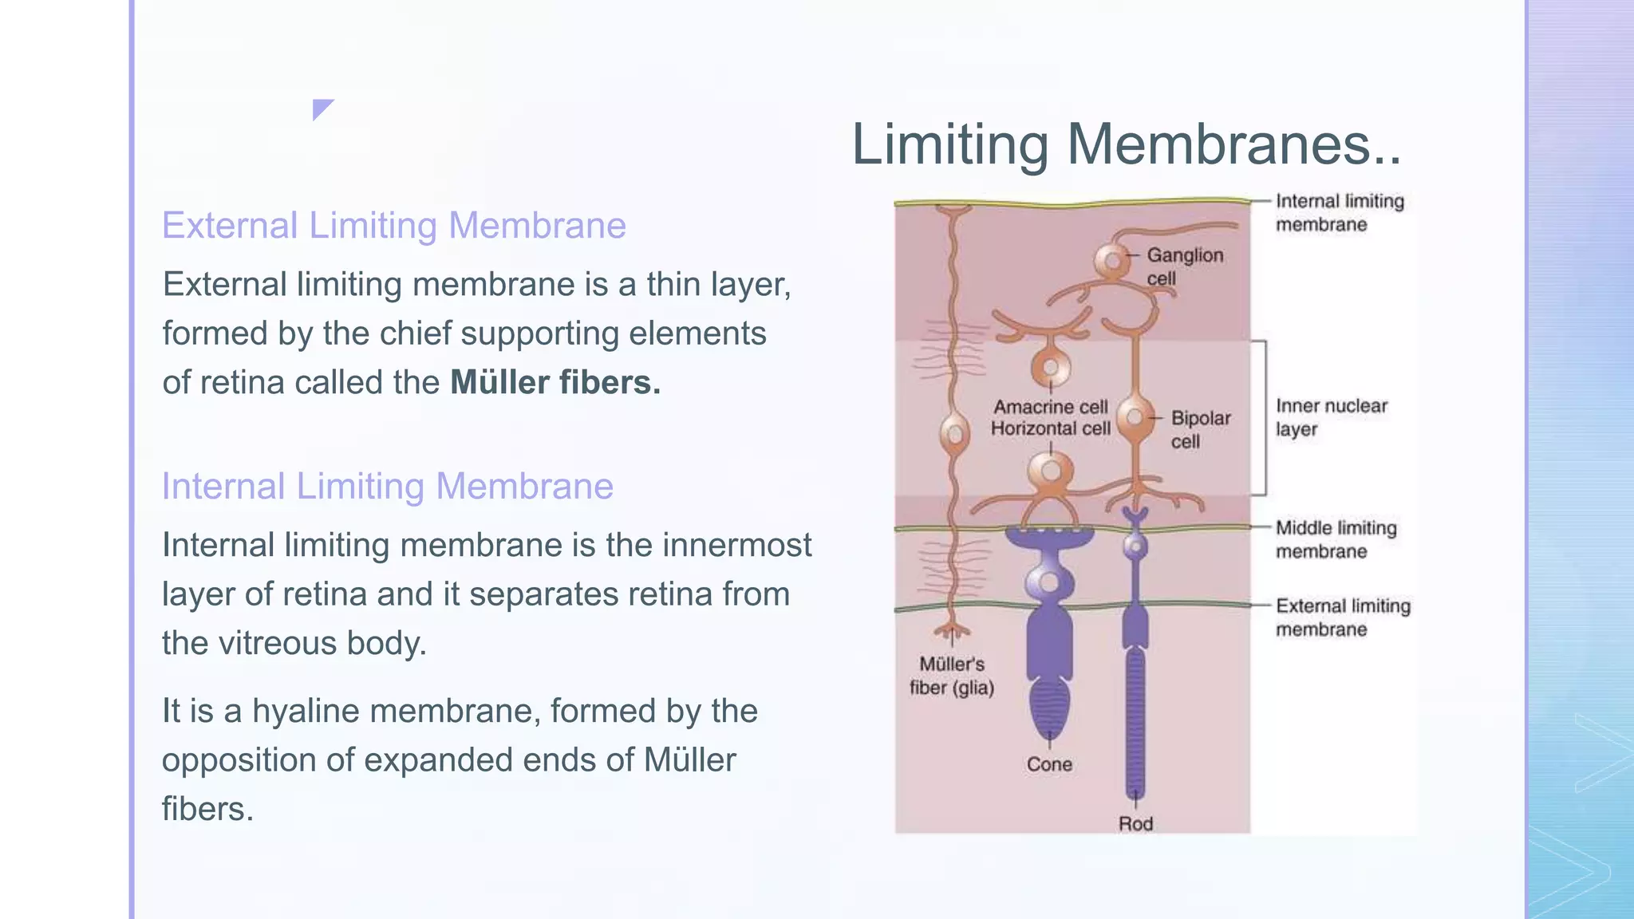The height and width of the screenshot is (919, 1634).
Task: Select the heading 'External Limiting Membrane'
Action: (394, 226)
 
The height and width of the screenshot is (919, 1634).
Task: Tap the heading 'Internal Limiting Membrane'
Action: (388, 487)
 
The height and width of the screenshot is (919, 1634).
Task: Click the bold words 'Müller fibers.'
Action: (555, 382)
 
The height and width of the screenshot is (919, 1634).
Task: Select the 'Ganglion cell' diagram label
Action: (1185, 266)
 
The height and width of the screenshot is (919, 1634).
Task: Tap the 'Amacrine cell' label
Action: (1051, 407)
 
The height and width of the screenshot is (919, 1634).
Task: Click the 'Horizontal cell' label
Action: (1051, 428)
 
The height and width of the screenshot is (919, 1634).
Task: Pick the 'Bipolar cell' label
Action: (1201, 429)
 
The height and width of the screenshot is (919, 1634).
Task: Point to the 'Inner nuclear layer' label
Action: (1332, 417)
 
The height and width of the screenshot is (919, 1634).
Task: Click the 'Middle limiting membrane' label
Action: (1336, 539)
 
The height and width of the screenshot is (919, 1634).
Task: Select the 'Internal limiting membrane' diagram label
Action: (1340, 212)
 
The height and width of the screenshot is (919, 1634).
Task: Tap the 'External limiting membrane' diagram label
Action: (1343, 617)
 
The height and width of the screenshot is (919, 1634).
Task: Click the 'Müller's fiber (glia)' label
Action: (952, 676)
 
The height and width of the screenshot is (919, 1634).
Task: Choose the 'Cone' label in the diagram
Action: (1049, 764)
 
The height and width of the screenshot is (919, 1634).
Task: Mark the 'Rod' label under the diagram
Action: (1135, 823)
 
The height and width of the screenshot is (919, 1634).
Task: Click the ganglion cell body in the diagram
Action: (1111, 261)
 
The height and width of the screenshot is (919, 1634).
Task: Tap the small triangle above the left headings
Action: (321, 108)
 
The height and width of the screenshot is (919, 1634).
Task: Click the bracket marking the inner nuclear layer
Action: (1265, 418)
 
